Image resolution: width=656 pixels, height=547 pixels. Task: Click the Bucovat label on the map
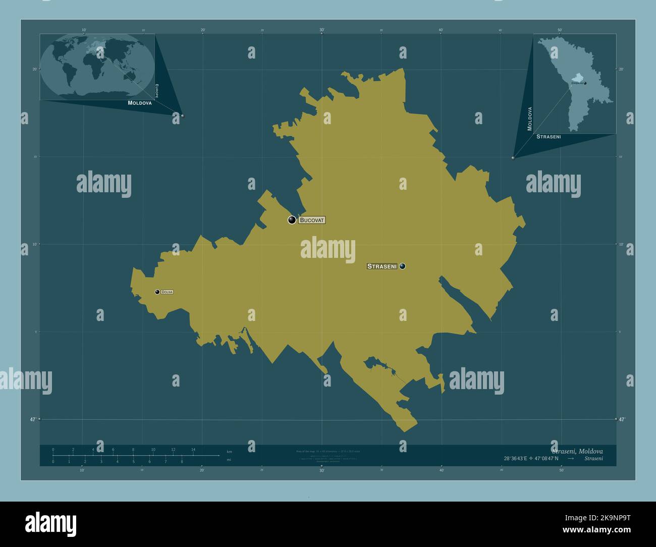point(312,220)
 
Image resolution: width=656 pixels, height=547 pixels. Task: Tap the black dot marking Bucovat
point(292,220)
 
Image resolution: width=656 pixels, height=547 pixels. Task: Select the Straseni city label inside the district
point(382,266)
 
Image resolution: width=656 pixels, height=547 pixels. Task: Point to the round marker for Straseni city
point(402,266)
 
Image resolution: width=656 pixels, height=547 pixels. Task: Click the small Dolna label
point(167,292)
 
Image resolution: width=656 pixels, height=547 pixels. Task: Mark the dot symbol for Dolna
point(157,292)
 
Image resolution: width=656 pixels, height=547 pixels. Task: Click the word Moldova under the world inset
point(140,102)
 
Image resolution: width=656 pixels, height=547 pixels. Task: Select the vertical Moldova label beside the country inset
point(530,119)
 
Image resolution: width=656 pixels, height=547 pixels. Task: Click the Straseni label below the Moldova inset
point(549,137)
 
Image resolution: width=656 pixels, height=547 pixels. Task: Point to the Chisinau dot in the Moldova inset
point(585,83)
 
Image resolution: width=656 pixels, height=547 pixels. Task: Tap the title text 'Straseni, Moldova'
point(577,451)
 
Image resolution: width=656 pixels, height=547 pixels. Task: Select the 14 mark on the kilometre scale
point(193,450)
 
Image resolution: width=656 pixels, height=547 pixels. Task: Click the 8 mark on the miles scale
point(182,462)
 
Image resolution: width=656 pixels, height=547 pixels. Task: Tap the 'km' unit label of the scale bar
point(230,451)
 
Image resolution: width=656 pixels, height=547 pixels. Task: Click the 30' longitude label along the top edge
point(322,30)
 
